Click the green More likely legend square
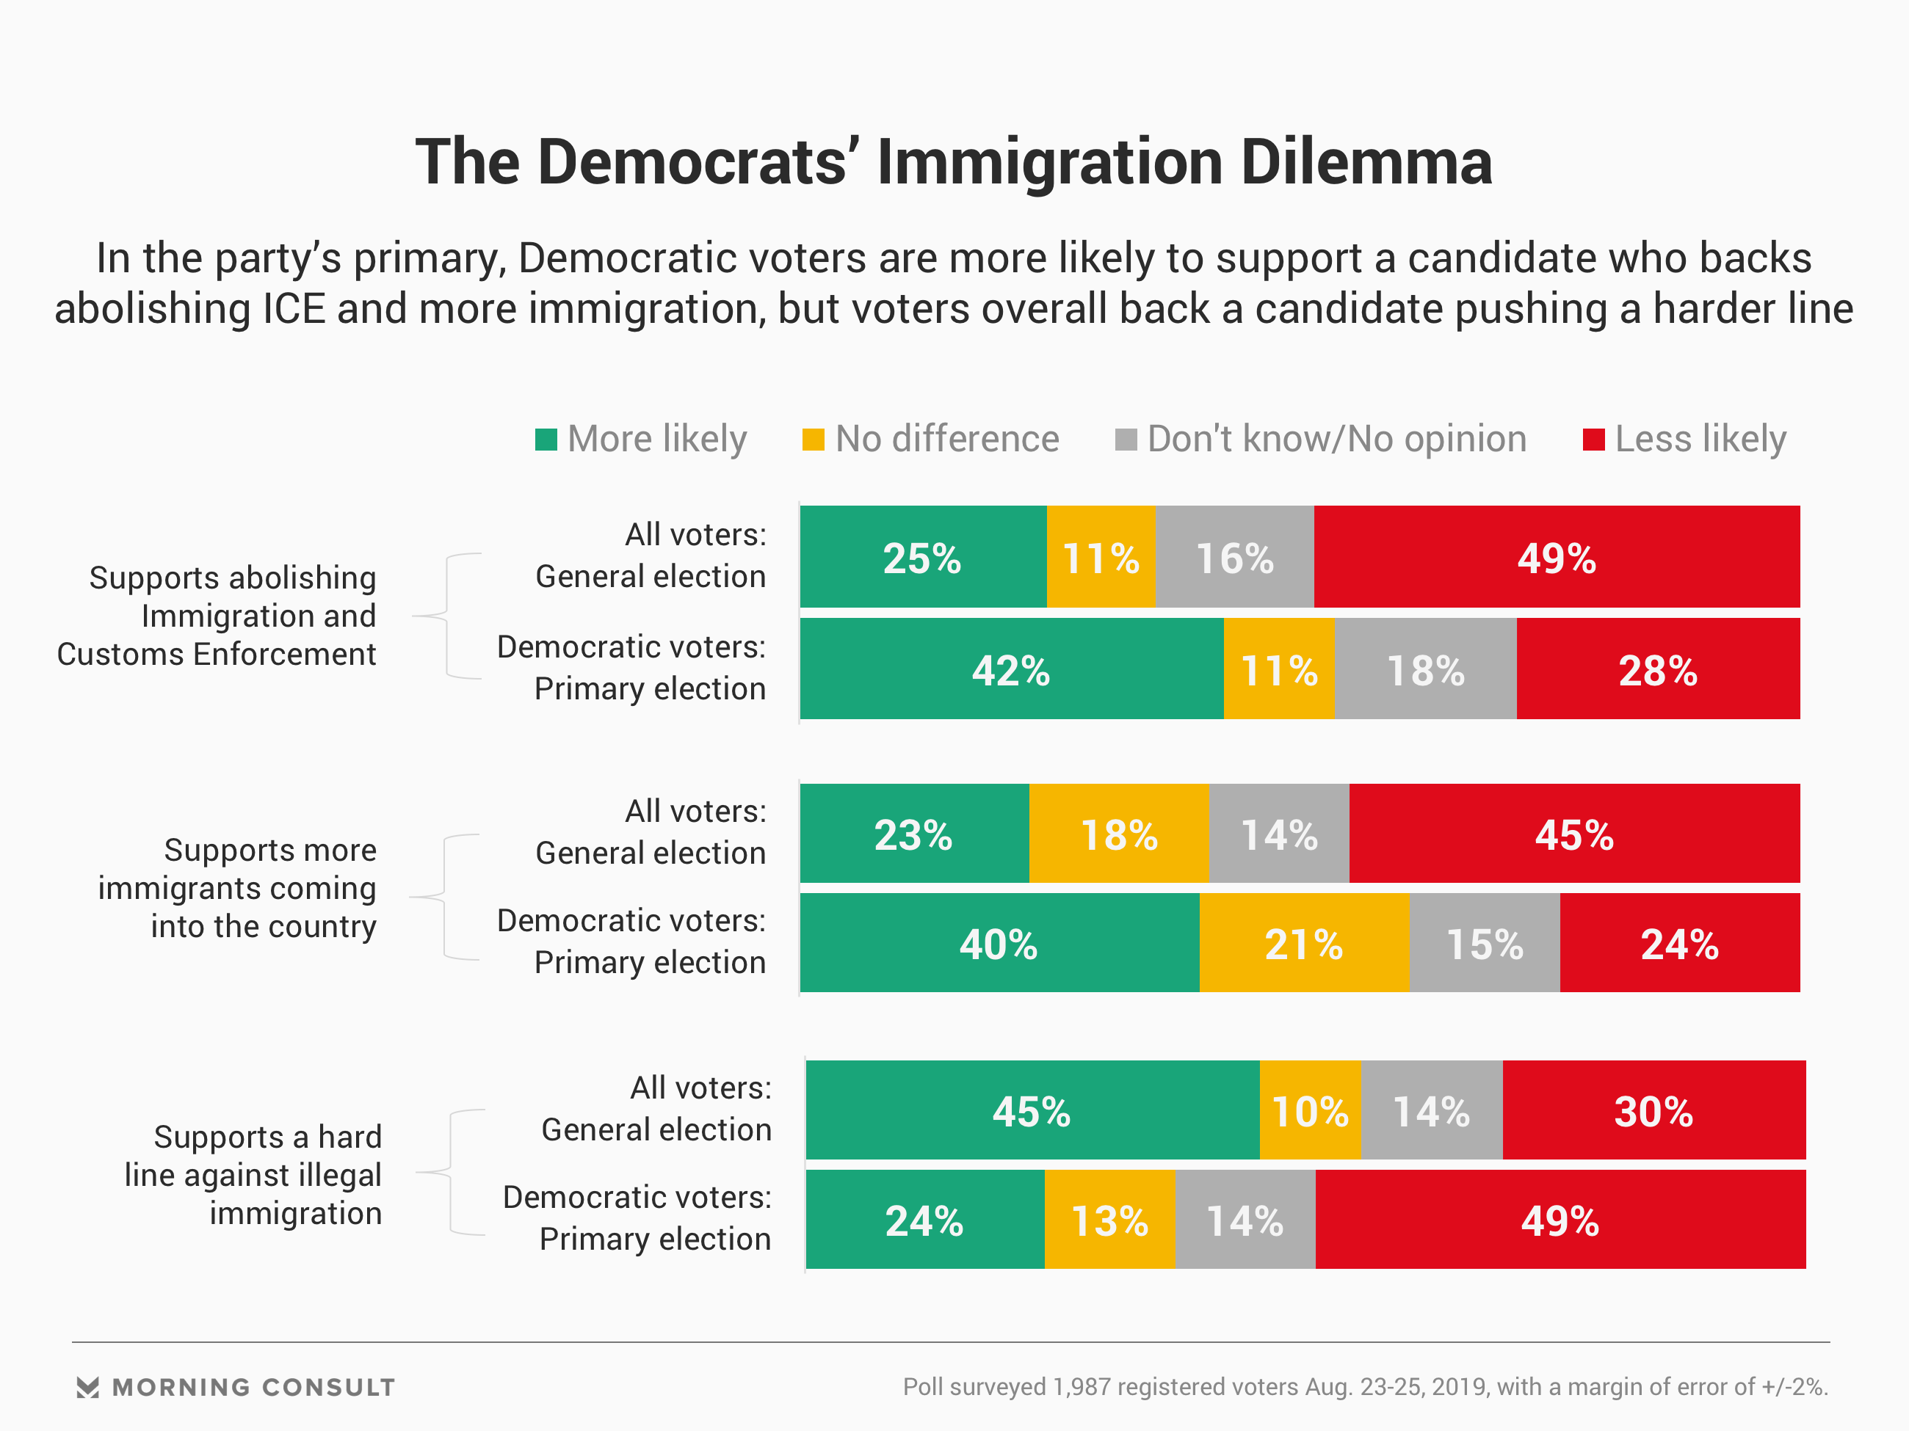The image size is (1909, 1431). (546, 440)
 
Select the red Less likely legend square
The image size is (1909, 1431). (1593, 440)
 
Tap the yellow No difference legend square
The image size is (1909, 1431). (813, 440)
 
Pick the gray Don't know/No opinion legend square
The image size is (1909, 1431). (1126, 440)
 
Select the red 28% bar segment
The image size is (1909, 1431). (1657, 669)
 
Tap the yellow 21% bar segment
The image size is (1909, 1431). (1303, 943)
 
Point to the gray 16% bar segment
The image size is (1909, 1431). (1234, 557)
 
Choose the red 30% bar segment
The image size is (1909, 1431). (1653, 1110)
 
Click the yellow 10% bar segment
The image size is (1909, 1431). (1309, 1110)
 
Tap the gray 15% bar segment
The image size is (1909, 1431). (1485, 943)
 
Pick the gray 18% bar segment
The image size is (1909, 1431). (1425, 669)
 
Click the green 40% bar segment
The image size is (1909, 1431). (999, 943)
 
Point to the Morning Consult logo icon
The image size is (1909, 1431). (87, 1387)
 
